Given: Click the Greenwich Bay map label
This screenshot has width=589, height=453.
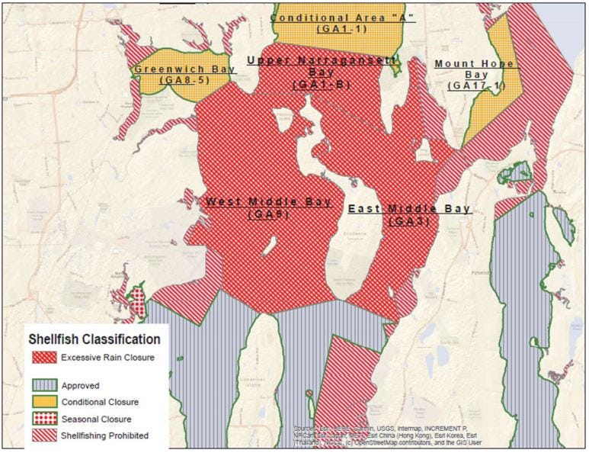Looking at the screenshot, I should (x=184, y=69).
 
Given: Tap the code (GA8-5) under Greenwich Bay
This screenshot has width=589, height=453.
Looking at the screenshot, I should (x=184, y=80).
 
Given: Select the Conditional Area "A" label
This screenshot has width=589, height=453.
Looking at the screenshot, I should (x=343, y=17).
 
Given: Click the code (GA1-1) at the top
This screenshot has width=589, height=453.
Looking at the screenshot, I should (x=343, y=28).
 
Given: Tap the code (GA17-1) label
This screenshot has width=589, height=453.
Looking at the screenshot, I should (x=477, y=86).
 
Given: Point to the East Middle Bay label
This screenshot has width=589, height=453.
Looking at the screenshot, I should (x=410, y=208).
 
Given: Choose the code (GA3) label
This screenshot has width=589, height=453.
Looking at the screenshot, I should (x=410, y=221).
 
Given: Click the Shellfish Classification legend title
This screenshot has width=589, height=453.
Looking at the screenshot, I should (x=94, y=339).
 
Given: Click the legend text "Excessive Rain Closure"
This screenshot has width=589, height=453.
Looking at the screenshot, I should (x=108, y=357).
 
